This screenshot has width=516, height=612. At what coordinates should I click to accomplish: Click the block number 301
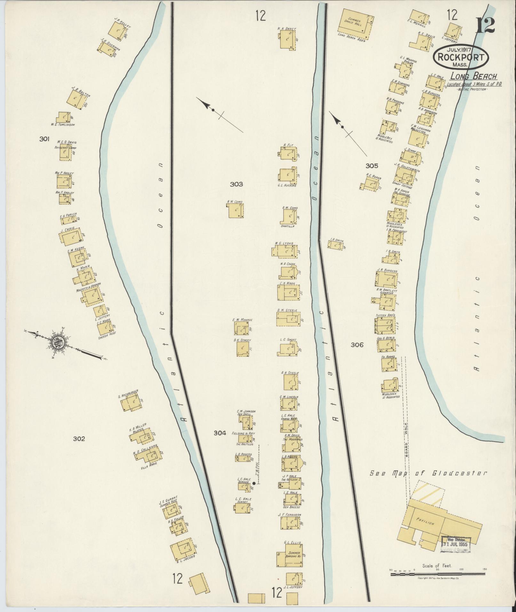tap(44, 139)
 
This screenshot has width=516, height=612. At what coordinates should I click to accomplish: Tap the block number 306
tap(357, 345)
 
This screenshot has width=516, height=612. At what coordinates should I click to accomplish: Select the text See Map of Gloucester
tap(428, 473)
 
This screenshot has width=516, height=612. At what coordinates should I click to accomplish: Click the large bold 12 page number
tap(485, 26)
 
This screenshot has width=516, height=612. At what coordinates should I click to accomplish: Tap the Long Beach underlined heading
tap(474, 76)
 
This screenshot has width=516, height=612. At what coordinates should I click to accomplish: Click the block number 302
tap(79, 439)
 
